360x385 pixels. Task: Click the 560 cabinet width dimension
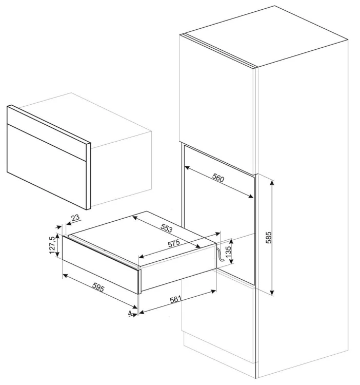point(218,178)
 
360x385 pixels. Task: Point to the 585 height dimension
point(269,238)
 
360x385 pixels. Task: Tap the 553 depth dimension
point(167,228)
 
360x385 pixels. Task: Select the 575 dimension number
point(174,243)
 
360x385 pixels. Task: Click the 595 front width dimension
point(98,287)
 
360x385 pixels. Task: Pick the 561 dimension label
point(175,299)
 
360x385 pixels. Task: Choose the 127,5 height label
point(52,245)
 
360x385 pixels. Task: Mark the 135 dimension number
point(228,251)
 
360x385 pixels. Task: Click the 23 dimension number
point(75,218)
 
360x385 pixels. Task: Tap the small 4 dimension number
point(130,313)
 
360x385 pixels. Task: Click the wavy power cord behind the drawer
point(219,256)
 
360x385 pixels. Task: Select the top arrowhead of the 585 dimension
point(272,183)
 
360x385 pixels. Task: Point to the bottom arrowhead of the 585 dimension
point(272,292)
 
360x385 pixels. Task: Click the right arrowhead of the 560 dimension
point(251,196)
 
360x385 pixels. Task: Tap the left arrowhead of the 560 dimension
point(187,168)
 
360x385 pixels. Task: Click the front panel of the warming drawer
point(101,264)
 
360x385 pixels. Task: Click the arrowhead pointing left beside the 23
point(69,223)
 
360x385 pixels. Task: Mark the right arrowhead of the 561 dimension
point(213,292)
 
